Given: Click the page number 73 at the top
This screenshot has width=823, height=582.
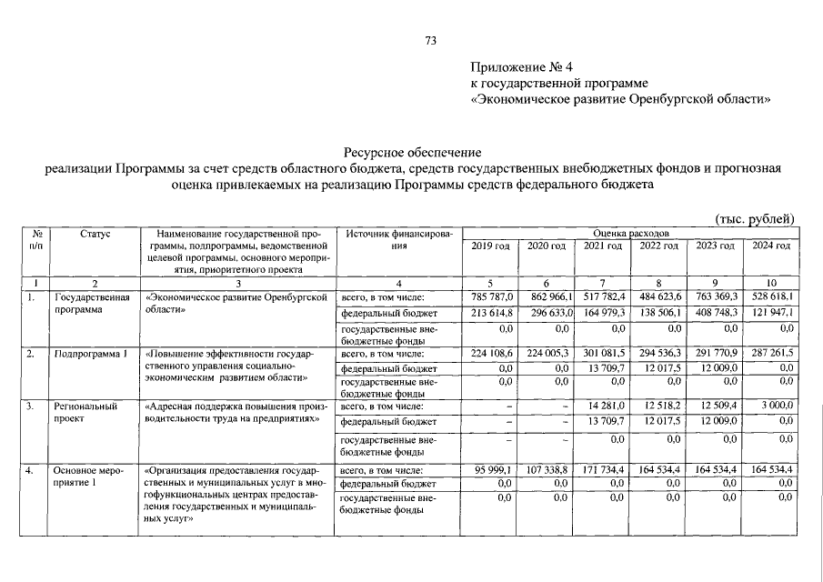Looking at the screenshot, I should pyautogui.click(x=431, y=40).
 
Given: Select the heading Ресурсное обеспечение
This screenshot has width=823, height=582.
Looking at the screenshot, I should pyautogui.click(x=412, y=153).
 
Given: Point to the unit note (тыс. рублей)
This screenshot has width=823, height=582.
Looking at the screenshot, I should pyautogui.click(x=756, y=217).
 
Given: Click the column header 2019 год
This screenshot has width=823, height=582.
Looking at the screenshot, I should pyautogui.click(x=490, y=246).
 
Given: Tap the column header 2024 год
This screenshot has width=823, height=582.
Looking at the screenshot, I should pyautogui.click(x=770, y=246).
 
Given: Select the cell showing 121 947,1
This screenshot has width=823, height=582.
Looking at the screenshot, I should pyautogui.click(x=771, y=313).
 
